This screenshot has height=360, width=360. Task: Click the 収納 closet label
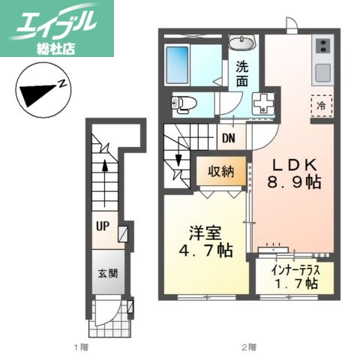click(x=221, y=171)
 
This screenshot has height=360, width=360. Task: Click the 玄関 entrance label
click(x=105, y=274)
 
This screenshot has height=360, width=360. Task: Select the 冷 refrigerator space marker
click(x=320, y=106)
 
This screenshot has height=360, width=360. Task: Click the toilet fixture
click(x=184, y=103)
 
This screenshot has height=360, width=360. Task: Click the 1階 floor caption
click(x=81, y=346)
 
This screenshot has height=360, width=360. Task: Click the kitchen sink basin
click(x=322, y=73)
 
